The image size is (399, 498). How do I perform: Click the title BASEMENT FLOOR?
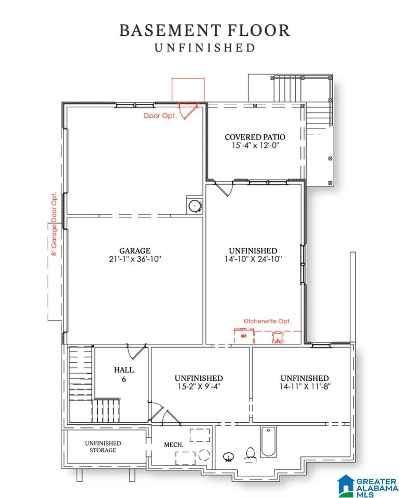pyautogui.click(x=204, y=31)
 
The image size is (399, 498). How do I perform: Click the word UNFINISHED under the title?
pyautogui.click(x=205, y=48)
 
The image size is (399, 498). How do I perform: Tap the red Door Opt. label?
pyautogui.click(x=160, y=116)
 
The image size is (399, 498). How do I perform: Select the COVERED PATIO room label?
pyautogui.click(x=255, y=137)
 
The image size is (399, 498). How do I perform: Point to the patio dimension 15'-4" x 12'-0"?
pyautogui.click(x=255, y=146)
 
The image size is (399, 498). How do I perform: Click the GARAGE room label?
pyautogui.click(x=135, y=251)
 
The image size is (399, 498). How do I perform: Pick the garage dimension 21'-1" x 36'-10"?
pyautogui.click(x=135, y=259)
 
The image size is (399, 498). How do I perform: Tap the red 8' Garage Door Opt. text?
pyautogui.click(x=54, y=224)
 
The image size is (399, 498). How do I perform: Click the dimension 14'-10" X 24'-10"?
pyautogui.click(x=253, y=259)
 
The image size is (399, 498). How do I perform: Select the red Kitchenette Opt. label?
pyautogui.click(x=267, y=321)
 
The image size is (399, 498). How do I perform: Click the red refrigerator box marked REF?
pyautogui.click(x=244, y=336)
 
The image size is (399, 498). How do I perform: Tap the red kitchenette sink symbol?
pyautogui.click(x=278, y=337)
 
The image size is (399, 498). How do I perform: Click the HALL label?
pyautogui.click(x=124, y=370)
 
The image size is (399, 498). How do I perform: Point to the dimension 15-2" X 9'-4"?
pyautogui.click(x=198, y=387)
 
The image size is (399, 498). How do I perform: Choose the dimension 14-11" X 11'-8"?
pyautogui.click(x=305, y=387)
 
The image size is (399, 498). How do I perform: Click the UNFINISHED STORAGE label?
pyautogui.click(x=103, y=447)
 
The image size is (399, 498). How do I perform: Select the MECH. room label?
pyautogui.click(x=173, y=445)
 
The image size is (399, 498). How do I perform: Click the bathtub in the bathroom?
pyautogui.click(x=268, y=441)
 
